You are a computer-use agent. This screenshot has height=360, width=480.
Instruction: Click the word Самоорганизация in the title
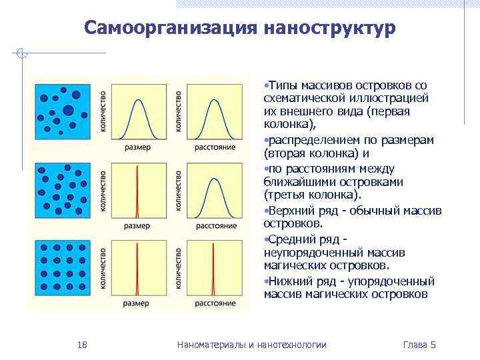click(171, 29)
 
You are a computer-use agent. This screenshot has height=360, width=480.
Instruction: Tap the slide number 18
click(83, 345)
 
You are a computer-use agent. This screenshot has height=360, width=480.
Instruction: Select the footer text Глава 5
click(420, 345)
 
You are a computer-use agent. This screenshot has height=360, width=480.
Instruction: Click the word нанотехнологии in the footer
click(293, 345)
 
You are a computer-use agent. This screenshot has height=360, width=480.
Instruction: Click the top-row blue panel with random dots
click(64, 115)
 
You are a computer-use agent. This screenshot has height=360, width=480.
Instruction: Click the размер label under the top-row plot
click(137, 147)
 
